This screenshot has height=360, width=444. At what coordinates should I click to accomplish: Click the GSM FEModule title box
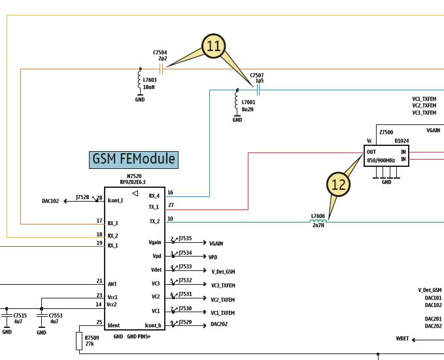pyautogui.click(x=133, y=159)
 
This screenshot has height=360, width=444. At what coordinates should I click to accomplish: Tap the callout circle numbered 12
pyautogui.click(x=339, y=185)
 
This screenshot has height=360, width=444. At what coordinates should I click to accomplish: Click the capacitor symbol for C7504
pyautogui.click(x=161, y=69)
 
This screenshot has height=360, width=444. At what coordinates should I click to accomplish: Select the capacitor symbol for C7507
pyautogui.click(x=258, y=89)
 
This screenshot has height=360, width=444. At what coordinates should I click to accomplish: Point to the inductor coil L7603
pyautogui.click(x=139, y=81)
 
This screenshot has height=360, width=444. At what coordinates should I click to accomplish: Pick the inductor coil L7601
pyautogui.click(x=237, y=101)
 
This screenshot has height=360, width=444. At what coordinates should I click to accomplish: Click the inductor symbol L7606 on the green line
pyautogui.click(x=318, y=221)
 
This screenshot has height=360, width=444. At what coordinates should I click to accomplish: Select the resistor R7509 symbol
pyautogui.click(x=79, y=342)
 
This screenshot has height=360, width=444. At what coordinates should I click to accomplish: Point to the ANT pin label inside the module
pyautogui.click(x=112, y=284)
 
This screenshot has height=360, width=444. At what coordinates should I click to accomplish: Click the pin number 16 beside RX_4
pyautogui.click(x=171, y=193)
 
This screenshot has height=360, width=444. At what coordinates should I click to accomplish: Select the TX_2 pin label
pyautogui.click(x=154, y=221)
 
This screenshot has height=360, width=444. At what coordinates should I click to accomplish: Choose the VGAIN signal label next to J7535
pyautogui.click(x=217, y=243)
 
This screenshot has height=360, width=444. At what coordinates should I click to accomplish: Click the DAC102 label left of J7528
pyautogui.click(x=50, y=201)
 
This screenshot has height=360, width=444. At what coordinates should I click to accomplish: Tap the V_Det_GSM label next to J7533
pyautogui.click(x=223, y=271)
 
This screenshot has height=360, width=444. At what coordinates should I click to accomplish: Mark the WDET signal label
pyautogui.click(x=402, y=338)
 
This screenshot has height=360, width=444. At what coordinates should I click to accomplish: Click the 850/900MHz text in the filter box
pyautogui.click(x=381, y=160)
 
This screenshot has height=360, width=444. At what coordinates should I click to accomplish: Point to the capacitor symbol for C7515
pyautogui.click(x=7, y=315)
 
